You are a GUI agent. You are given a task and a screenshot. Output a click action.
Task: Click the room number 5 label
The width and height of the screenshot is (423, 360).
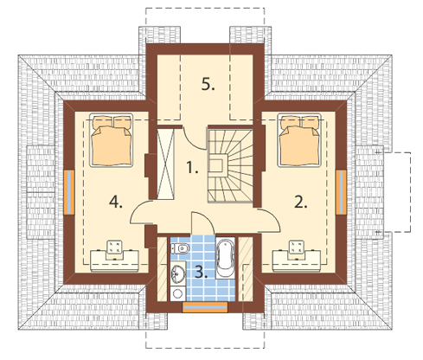[208, 85]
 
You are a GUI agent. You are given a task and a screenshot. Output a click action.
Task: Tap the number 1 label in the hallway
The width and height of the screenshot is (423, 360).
[192, 167]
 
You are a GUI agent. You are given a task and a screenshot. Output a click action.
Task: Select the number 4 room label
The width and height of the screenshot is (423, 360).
[116, 202]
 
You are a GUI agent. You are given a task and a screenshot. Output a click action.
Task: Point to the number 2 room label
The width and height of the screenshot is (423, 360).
[301, 202]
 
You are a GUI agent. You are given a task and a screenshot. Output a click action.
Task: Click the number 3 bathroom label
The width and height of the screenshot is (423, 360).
[201, 272]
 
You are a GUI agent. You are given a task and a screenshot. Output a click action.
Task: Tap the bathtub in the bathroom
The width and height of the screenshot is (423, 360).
[225, 258]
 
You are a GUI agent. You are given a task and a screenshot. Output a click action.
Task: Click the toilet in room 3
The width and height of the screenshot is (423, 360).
[180, 248]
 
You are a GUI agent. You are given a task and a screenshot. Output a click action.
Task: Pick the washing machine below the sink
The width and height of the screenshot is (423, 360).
[177, 293]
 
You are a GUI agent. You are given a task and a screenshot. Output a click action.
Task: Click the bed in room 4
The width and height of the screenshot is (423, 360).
[112, 140]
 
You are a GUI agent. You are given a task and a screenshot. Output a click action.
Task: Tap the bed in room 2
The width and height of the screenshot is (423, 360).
[299, 140]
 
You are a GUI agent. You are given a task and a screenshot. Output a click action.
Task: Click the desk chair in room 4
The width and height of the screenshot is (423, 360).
[114, 249]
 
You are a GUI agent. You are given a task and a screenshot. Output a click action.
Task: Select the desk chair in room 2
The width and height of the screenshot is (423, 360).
[296, 249]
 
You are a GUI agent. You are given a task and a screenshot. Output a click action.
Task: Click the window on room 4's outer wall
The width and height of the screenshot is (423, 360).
[69, 192]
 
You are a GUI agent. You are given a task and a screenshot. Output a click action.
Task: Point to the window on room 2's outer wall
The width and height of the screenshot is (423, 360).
[341, 192]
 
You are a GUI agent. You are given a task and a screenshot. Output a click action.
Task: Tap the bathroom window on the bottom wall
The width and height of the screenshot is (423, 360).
[205, 307]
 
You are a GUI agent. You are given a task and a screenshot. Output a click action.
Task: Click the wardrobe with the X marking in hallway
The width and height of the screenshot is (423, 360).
[166, 164]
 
